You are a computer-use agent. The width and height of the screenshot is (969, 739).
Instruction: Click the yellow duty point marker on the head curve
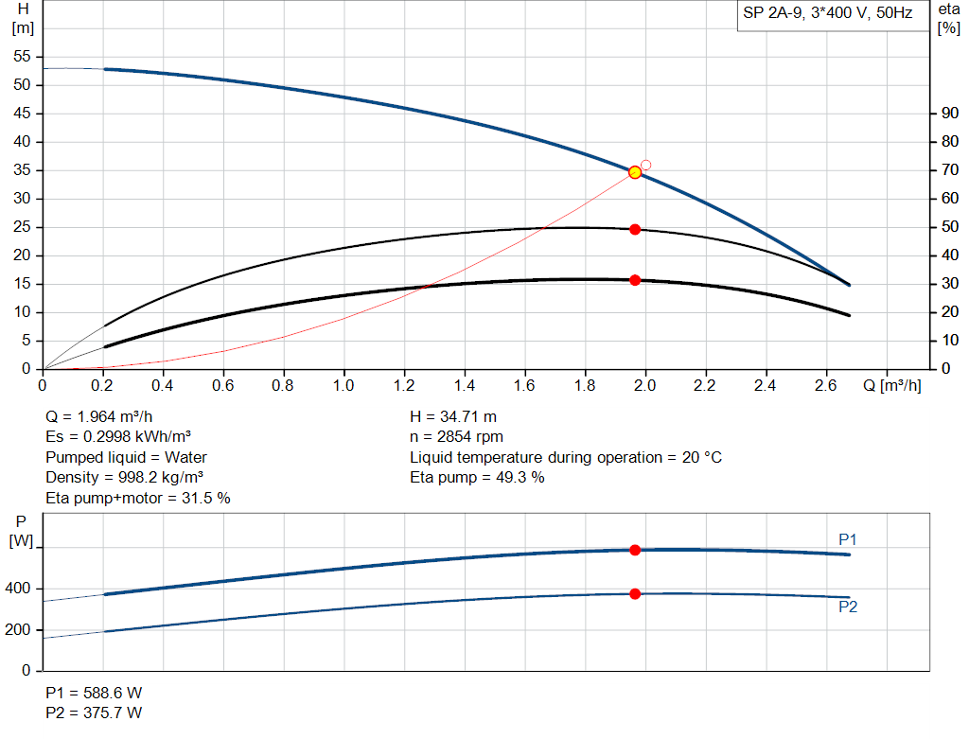point(635,171)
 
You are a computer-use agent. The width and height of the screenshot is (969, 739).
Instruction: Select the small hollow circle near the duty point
point(646,165)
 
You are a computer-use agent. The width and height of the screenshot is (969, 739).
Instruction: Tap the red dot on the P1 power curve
point(635,550)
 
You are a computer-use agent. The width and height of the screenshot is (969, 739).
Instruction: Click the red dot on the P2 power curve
point(635,593)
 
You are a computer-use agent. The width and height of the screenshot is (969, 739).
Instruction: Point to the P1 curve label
point(848,539)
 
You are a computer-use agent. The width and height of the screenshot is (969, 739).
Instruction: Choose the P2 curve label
point(848,607)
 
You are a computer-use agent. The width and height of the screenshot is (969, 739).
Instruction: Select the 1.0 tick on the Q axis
point(344,386)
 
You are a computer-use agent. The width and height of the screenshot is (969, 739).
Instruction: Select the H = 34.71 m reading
point(453,416)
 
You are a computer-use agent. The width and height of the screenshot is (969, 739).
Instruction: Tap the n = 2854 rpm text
point(456,437)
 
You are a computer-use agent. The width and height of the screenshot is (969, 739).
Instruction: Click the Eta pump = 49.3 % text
point(477,477)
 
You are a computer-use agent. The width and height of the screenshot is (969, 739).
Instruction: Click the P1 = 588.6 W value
point(94,692)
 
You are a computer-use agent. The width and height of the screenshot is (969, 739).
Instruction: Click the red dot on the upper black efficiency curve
point(635,229)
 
